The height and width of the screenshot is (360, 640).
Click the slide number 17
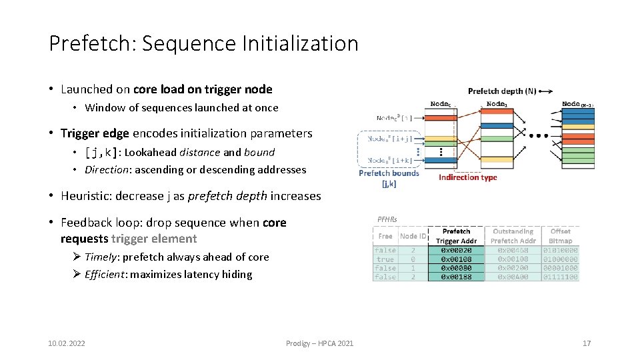pyautogui.click(x=587, y=343)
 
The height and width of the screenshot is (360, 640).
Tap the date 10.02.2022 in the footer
pyautogui.click(x=67, y=343)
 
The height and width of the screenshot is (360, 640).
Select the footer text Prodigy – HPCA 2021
pyautogui.click(x=320, y=343)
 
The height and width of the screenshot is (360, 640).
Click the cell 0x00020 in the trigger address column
pyautogui.click(x=457, y=250)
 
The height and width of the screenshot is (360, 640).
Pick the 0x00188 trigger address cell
pyautogui.click(x=457, y=277)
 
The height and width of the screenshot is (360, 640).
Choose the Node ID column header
pyautogui.click(x=413, y=236)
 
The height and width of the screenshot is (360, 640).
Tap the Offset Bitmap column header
pyautogui.click(x=561, y=236)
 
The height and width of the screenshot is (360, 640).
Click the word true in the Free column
pyautogui.click(x=385, y=259)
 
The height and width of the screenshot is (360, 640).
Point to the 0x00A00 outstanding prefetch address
pyautogui.click(x=513, y=277)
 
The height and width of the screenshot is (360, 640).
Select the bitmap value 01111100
pyautogui.click(x=561, y=277)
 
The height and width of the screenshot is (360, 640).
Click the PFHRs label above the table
pyautogui.click(x=387, y=219)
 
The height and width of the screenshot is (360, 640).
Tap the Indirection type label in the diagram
pyautogui.click(x=468, y=177)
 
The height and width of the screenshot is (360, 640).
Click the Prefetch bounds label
pyautogui.click(x=389, y=173)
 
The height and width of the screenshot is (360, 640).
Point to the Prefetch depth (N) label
pyautogui.click(x=501, y=91)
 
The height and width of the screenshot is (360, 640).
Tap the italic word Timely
pyautogui.click(x=101, y=257)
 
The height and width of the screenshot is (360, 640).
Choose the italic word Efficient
pyautogui.click(x=106, y=274)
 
